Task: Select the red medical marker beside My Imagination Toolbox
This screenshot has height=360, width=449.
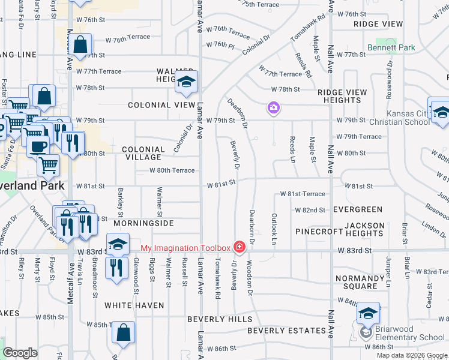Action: pos(240,248)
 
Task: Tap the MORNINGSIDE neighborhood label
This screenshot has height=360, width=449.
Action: pos(143,223)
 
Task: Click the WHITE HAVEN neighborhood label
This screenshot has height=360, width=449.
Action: pos(134,305)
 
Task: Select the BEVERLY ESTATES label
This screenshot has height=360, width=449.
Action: pos(286,331)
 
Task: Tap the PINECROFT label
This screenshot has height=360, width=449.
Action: pos(319,231)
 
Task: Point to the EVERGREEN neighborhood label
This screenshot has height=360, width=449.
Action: pos(358,209)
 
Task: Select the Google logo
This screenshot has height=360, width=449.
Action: pos(20,353)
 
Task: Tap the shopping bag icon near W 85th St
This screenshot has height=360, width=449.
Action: pos(123,332)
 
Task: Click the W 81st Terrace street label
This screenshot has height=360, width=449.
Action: pos(303,194)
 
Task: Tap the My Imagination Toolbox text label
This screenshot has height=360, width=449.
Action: pos(185,248)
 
